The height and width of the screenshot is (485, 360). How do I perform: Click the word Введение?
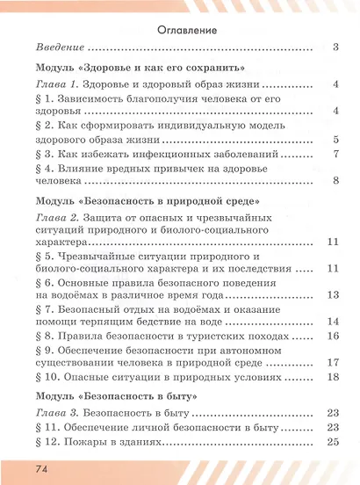coord(61,47)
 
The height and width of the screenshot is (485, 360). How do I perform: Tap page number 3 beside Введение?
coord(336,47)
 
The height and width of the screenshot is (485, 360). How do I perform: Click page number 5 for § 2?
coord(336,139)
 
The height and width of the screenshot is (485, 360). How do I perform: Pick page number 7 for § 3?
coord(336,155)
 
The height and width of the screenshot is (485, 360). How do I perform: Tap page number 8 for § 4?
coord(336,182)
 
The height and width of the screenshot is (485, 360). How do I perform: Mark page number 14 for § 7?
coord(333,323)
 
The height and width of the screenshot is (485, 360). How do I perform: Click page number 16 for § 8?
coord(333,337)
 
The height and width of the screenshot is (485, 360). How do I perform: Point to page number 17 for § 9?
coord(333,363)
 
